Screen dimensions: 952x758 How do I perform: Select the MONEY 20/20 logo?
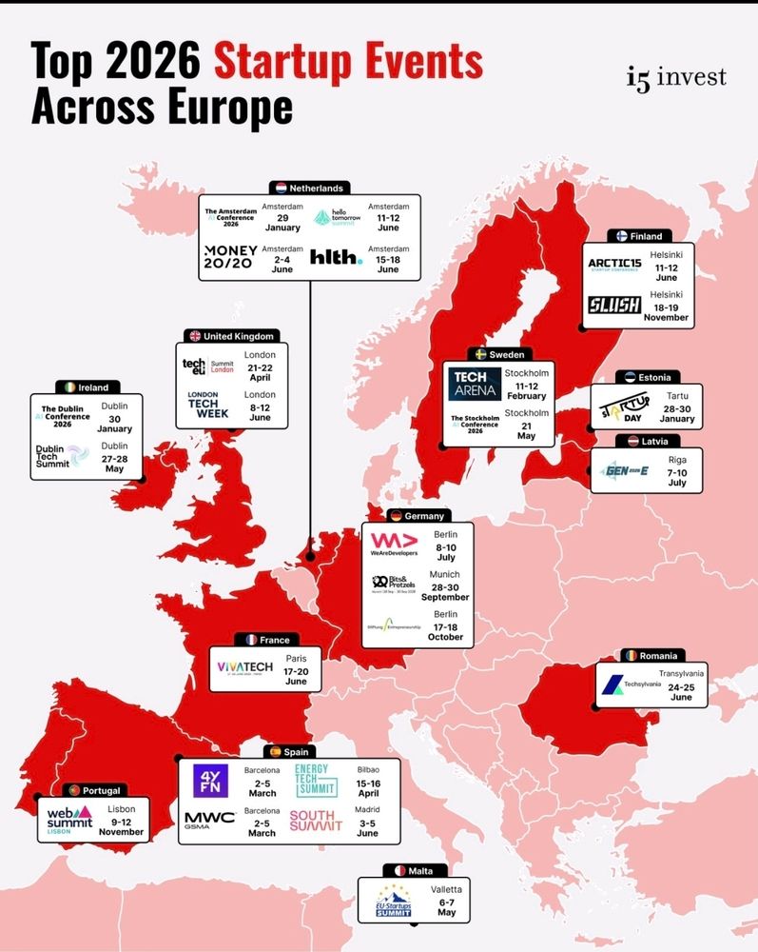pos(229,256)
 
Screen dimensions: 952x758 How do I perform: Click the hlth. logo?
pos(336,257)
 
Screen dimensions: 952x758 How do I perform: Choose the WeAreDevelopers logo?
pos(394,545)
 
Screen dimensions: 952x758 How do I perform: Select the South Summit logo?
pos(316,821)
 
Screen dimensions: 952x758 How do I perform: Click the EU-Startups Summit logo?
pos(394,901)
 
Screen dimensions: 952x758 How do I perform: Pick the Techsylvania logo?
pos(624,684)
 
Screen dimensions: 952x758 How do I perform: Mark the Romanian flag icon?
pos(628,656)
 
